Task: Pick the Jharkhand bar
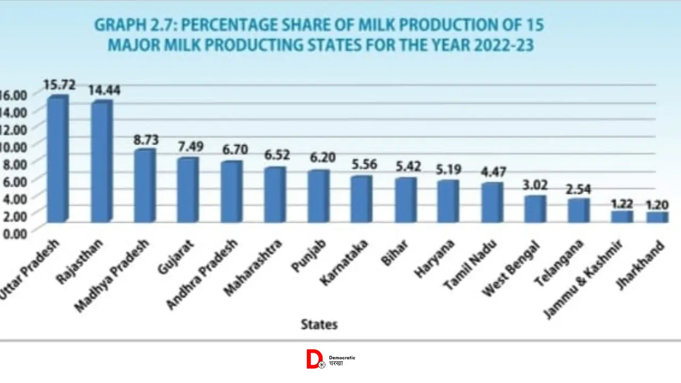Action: point(657,217)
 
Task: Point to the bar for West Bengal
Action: point(535,209)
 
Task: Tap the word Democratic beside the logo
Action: point(342,357)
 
